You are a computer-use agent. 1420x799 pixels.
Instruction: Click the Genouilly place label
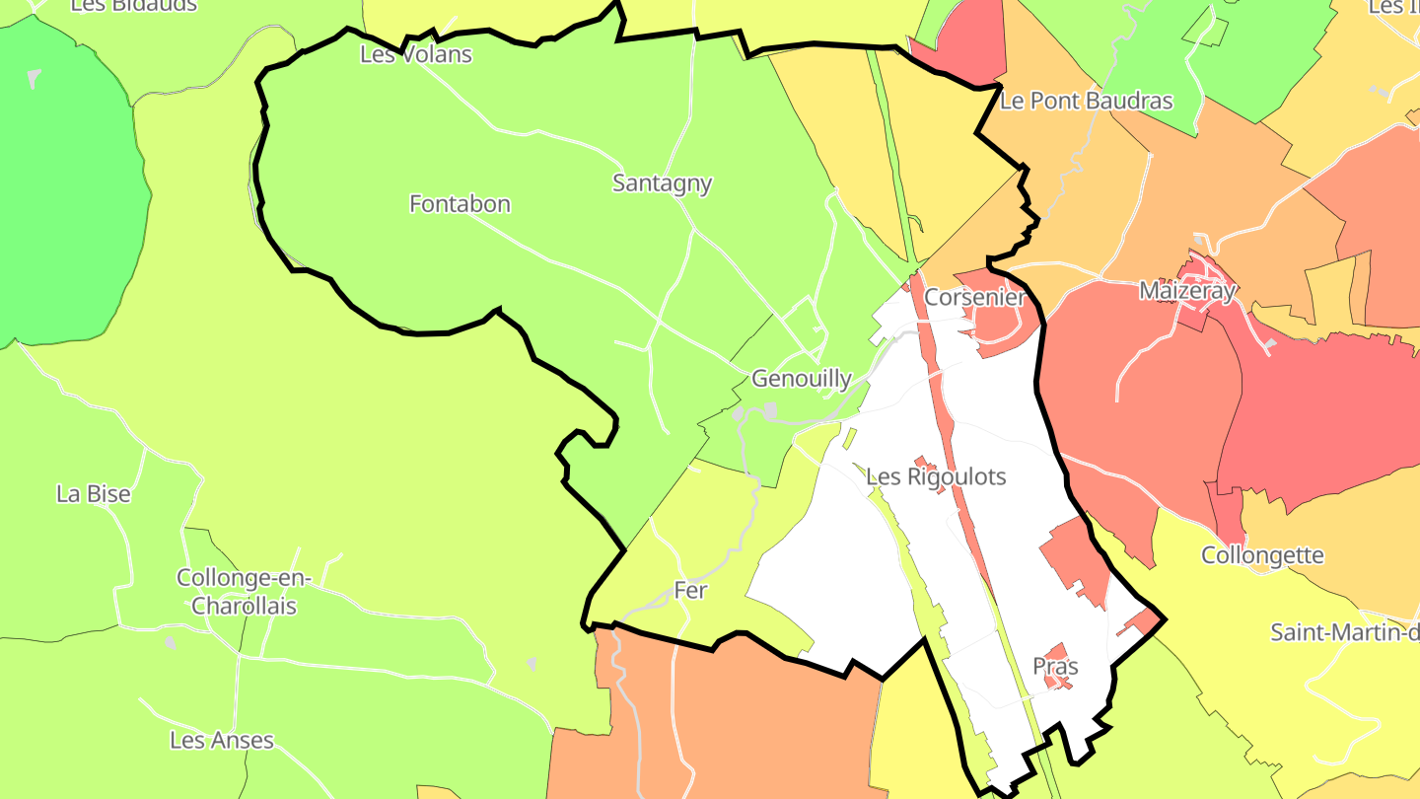point(801,379)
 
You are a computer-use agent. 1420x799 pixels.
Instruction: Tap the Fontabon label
point(460,204)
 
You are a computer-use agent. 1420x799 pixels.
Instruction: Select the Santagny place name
point(662,183)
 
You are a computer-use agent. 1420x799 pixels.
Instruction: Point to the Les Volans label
point(415,54)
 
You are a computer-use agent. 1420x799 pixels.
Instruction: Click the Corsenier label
point(974,297)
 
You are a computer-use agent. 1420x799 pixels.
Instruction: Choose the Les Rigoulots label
point(935,477)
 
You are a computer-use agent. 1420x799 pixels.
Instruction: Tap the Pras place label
point(1055,666)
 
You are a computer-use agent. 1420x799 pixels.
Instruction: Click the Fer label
point(690,590)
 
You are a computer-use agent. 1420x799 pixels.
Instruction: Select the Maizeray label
point(1186,291)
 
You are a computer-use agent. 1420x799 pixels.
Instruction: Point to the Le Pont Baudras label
point(1086,101)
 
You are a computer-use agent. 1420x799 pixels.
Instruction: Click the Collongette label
point(1261,555)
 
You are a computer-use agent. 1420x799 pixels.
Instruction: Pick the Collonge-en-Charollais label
point(244,592)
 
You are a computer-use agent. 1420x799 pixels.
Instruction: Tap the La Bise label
point(94,494)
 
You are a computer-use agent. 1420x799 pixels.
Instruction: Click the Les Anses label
point(221,740)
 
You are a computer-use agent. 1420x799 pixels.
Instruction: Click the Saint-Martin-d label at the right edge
point(1344,631)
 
